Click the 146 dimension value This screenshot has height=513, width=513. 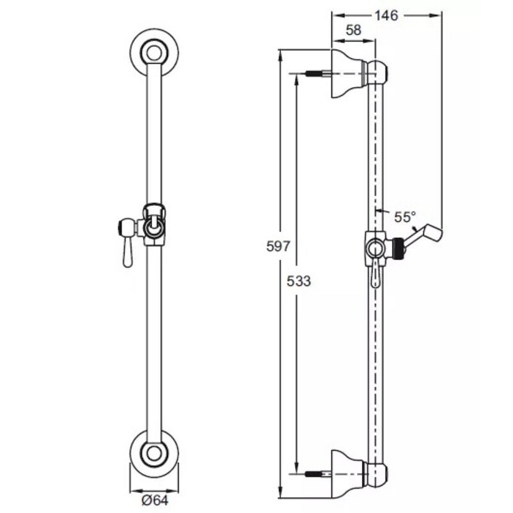386,15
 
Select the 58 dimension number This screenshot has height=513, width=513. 353,30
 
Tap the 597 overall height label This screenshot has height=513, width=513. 278,246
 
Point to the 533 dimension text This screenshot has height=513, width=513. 299,281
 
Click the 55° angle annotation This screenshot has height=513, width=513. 405,217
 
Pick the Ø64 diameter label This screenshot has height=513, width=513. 155,500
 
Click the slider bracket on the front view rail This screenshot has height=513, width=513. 154,225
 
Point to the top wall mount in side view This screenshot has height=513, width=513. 348,74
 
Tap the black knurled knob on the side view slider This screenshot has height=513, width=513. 398,248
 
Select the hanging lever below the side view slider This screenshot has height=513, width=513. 375,275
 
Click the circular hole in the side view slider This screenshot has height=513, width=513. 375,249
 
